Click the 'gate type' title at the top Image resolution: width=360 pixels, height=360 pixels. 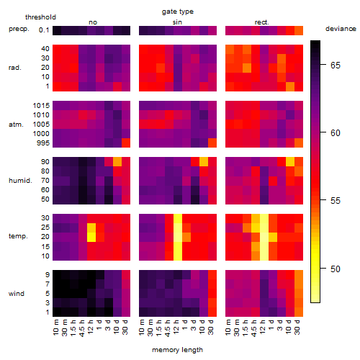tap(178, 12)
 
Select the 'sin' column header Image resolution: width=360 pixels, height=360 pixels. tap(177, 22)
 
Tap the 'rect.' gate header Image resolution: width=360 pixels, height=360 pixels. tap(262, 22)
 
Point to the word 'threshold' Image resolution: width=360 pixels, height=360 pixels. tap(40, 17)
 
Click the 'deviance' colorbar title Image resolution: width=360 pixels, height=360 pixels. tap(341, 29)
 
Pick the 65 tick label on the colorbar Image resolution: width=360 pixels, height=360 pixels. tap(336, 65)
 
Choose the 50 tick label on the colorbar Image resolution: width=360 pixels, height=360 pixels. tap(336, 269)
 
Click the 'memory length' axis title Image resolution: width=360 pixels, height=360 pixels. tap(178, 350)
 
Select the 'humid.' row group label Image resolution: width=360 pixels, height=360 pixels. tap(20, 181)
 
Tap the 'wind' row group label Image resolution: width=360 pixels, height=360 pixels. tap(17, 294)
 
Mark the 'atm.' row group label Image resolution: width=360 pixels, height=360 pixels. tap(16, 125)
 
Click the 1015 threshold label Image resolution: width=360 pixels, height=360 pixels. tap(41, 106)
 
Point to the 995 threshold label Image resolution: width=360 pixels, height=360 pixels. tap(43, 143)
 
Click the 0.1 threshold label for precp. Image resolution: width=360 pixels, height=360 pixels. tap(44, 30)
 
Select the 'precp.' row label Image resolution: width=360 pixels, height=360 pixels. tap(19, 29)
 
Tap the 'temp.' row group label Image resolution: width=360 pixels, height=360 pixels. tap(18, 236)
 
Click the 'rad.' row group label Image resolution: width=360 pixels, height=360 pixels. tap(15, 68)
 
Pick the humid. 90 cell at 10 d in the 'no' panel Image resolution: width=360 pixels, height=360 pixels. tap(117, 161)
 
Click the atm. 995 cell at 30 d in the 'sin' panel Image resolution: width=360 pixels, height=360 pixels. tap(212, 143)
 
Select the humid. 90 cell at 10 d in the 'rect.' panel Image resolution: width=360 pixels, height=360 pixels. tap(290, 161)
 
